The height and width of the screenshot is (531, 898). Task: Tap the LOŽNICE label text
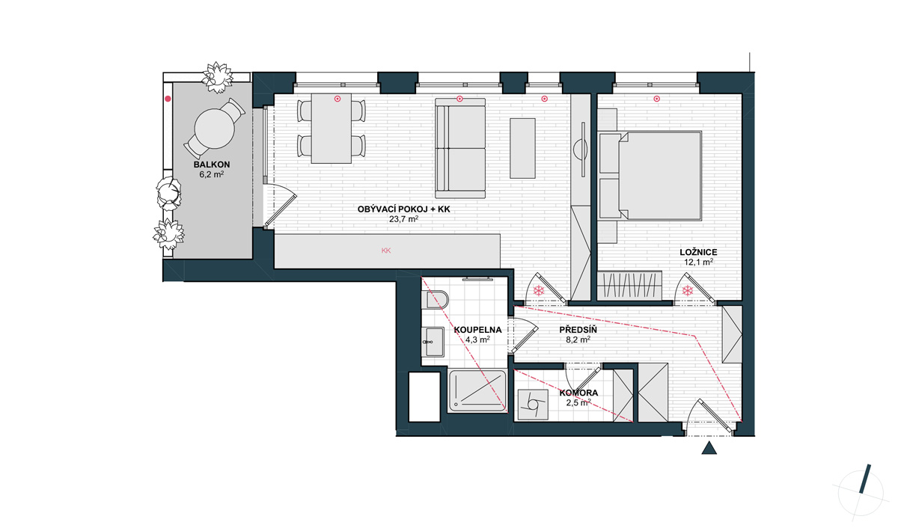click(x=698, y=252)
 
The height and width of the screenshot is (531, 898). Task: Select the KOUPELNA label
click(x=477, y=330)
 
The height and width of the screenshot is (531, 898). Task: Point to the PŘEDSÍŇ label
click(x=578, y=330)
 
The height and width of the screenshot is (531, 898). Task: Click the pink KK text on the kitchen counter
click(x=386, y=251)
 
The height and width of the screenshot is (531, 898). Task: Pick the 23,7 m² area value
click(x=403, y=219)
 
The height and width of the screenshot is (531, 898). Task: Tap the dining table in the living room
click(x=332, y=128)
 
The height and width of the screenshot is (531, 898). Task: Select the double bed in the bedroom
click(x=650, y=176)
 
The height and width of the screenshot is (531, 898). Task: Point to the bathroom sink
click(x=433, y=342)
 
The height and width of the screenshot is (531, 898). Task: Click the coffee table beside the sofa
click(x=522, y=148)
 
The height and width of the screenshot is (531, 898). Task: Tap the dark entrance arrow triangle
click(x=709, y=448)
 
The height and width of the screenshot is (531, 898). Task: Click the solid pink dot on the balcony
click(x=168, y=99)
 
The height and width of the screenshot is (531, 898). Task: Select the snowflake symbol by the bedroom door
click(x=688, y=290)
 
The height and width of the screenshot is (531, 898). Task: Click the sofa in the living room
click(x=460, y=148)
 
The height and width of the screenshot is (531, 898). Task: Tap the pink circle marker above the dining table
click(x=337, y=99)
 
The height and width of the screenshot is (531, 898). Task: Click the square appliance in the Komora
click(x=533, y=405)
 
